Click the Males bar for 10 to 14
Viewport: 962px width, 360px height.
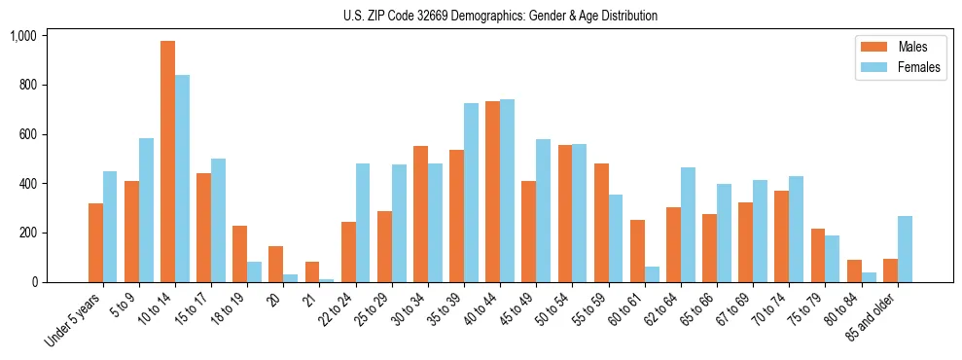click(167, 162)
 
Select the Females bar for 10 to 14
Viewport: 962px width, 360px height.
click(182, 178)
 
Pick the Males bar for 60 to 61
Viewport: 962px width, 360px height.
click(637, 251)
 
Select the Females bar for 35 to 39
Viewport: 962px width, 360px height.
click(471, 193)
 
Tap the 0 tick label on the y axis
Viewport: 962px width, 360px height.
click(34, 282)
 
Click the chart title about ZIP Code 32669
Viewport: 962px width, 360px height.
click(500, 16)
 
